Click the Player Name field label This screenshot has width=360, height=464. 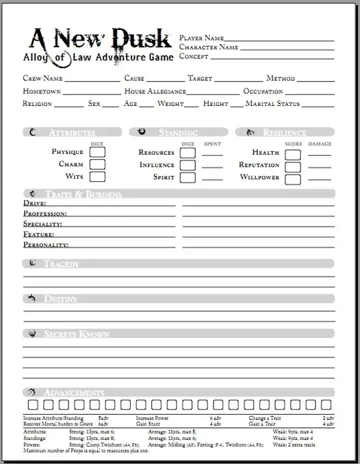coord(201,38)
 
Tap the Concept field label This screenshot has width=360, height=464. coord(195,57)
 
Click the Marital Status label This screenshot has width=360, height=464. coord(273,104)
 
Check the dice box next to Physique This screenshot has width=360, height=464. coord(97,153)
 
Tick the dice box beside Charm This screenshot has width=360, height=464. coord(97,165)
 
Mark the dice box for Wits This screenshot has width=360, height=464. coord(97,177)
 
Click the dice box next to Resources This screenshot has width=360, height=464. coord(187,153)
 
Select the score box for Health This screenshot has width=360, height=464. coord(293,153)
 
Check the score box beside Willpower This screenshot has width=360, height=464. coord(293,178)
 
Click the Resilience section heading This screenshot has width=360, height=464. coord(284,133)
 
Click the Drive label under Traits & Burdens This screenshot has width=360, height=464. coord(34,203)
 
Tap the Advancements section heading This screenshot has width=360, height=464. coord(73,392)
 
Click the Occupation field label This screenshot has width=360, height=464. coord(263,91)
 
